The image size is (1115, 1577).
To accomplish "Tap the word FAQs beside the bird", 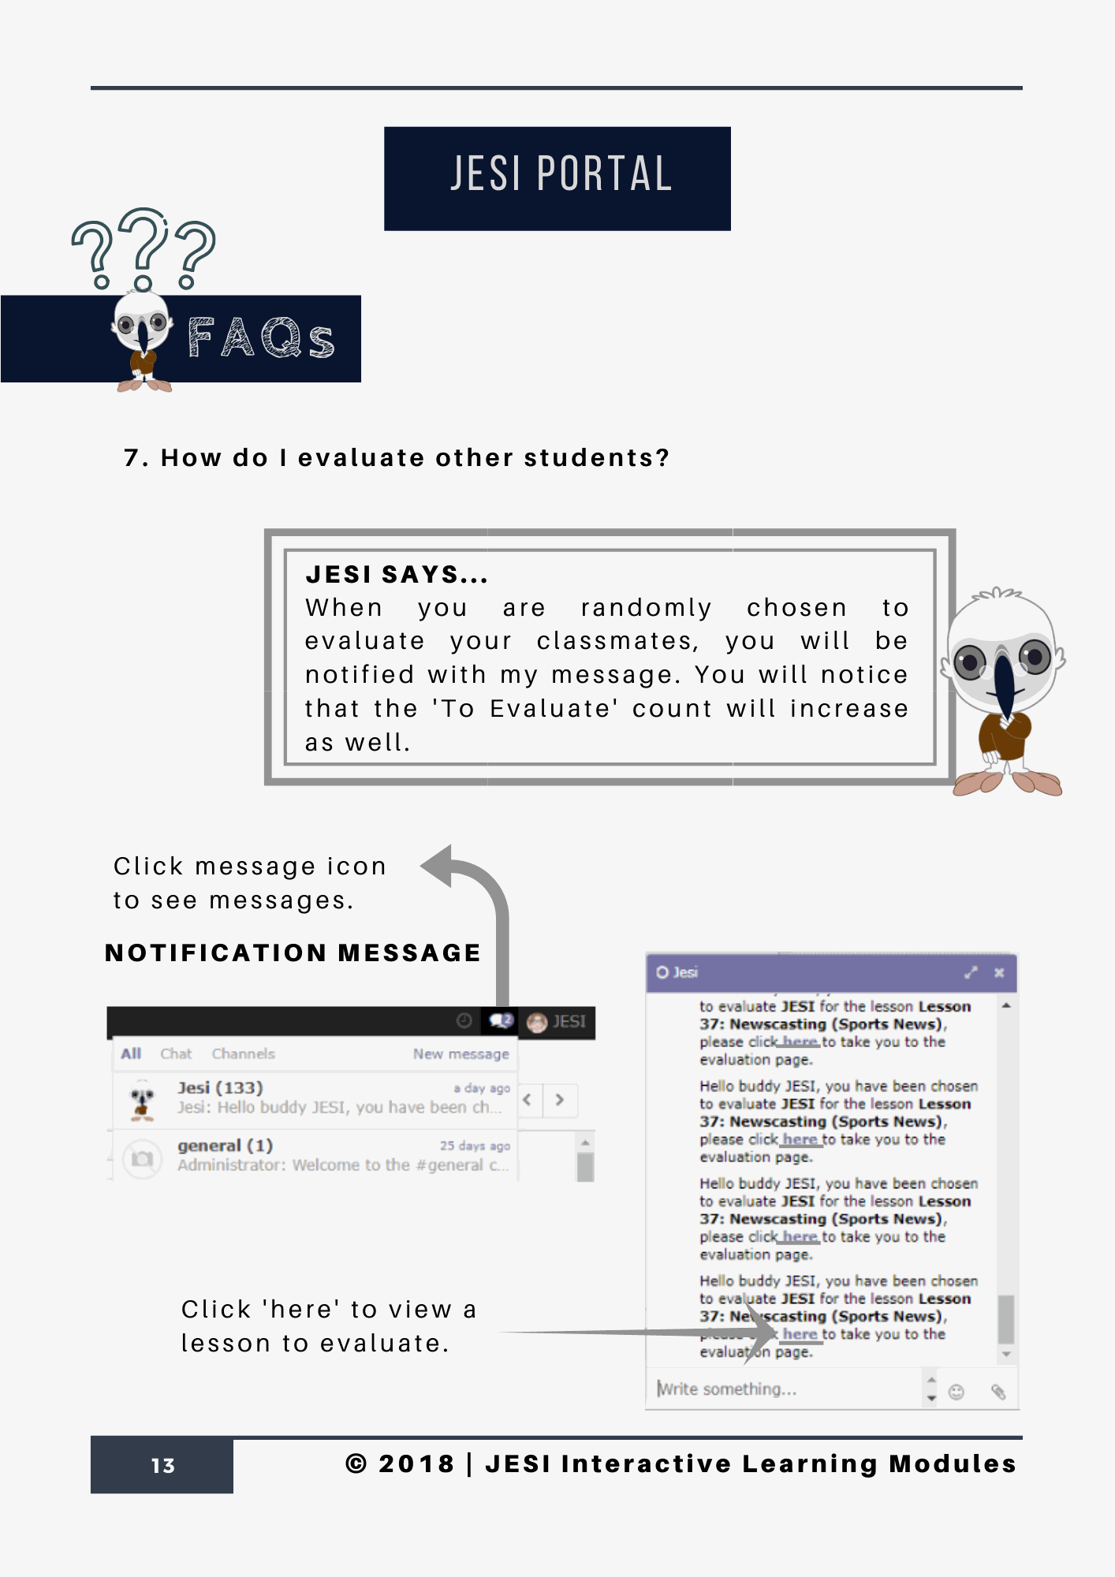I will [x=261, y=338].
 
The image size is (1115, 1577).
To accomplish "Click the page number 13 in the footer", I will [x=162, y=1465].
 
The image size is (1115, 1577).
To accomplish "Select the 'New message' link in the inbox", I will [x=461, y=1054].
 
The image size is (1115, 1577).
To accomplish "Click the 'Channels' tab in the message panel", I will [x=243, y=1054].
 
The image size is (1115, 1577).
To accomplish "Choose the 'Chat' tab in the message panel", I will [x=176, y=1054].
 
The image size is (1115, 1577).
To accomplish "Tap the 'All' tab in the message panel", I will [x=131, y=1054].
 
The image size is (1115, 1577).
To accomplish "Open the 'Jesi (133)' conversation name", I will [x=220, y=1088].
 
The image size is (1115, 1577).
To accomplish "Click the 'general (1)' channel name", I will [x=225, y=1146].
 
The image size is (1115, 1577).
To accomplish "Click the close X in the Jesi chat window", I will [x=999, y=973].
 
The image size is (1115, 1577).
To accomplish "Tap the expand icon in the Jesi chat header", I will [x=971, y=973].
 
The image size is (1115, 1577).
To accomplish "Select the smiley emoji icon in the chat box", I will [x=957, y=1392].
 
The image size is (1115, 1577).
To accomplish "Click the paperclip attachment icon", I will [x=998, y=1392].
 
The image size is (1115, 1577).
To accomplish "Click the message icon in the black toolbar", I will [x=501, y=1021].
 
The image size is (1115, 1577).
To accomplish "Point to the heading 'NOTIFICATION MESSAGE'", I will [x=293, y=953].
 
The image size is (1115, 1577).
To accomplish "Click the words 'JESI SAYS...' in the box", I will [x=397, y=575].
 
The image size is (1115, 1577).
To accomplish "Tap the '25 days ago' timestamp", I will [x=475, y=1146].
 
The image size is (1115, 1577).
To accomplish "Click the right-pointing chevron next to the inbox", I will [x=559, y=1100].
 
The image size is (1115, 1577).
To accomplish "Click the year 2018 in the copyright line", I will [x=416, y=1463].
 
